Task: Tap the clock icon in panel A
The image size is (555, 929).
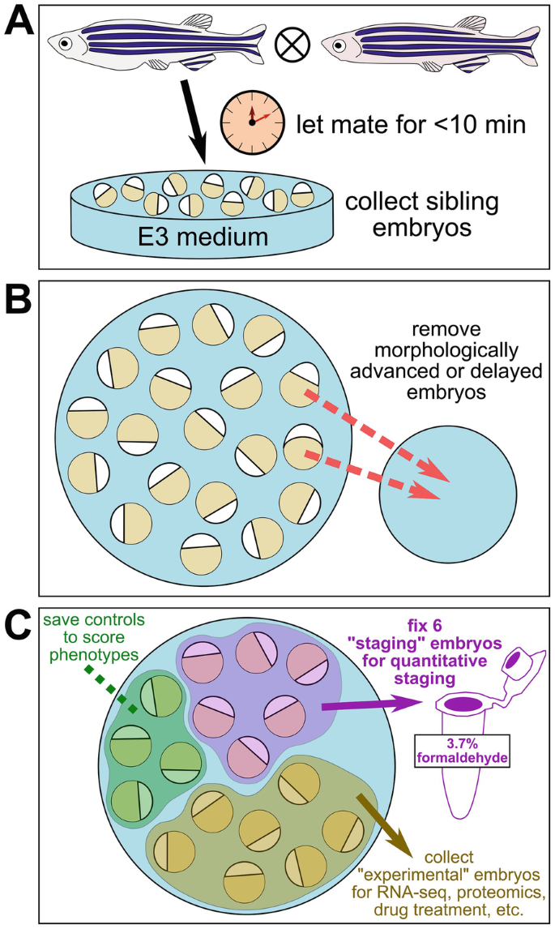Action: (x=252, y=119)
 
